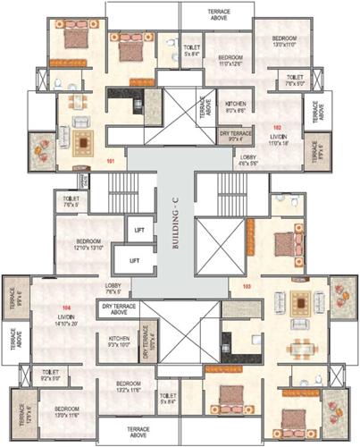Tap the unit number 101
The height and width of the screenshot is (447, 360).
point(111,161)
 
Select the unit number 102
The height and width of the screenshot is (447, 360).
point(276,126)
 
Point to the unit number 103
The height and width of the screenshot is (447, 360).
point(247,287)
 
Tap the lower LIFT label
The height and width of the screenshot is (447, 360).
point(135,260)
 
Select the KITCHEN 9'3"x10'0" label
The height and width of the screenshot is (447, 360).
point(120,342)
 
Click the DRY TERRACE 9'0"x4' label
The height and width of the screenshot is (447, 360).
point(235,136)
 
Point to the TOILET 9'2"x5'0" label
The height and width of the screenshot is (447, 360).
point(51,374)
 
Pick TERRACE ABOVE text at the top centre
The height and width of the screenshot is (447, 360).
point(214,10)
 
